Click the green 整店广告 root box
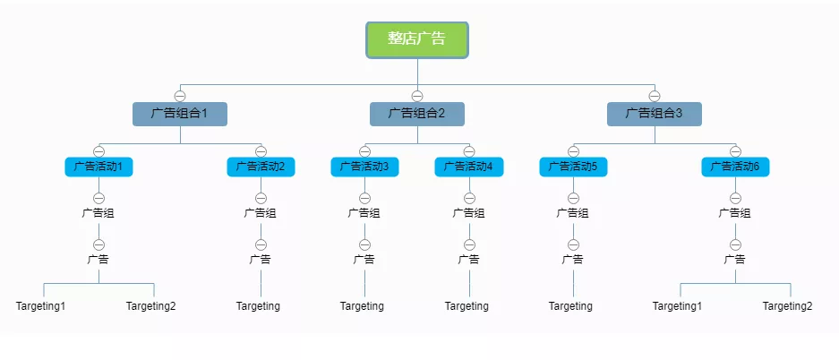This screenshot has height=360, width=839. click(x=417, y=39)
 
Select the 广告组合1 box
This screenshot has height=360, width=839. click(x=180, y=114)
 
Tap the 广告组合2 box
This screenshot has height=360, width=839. click(x=417, y=114)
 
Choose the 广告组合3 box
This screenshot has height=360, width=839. click(x=655, y=114)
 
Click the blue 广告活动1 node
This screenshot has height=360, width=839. click(x=98, y=167)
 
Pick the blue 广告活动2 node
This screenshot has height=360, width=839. click(x=261, y=167)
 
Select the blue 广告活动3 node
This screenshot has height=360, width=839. click(x=364, y=167)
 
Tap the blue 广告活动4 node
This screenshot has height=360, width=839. click(x=469, y=167)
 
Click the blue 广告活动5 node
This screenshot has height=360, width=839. click(x=573, y=167)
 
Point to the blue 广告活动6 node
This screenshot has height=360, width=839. click(x=735, y=167)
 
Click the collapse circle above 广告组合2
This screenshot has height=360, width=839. click(x=417, y=96)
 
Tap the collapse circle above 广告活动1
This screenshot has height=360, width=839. click(x=98, y=150)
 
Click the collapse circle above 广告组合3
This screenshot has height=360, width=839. click(x=655, y=96)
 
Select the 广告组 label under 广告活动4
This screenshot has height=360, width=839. click(x=469, y=213)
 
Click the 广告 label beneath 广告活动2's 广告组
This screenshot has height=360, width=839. click(x=261, y=260)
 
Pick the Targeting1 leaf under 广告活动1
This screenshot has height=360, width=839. click(x=41, y=306)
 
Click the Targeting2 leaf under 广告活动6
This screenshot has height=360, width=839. click(x=788, y=306)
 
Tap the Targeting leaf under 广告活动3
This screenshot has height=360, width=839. click(x=362, y=306)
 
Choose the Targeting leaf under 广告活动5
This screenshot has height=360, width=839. click(x=570, y=306)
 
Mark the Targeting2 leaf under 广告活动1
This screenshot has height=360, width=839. click(x=151, y=306)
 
